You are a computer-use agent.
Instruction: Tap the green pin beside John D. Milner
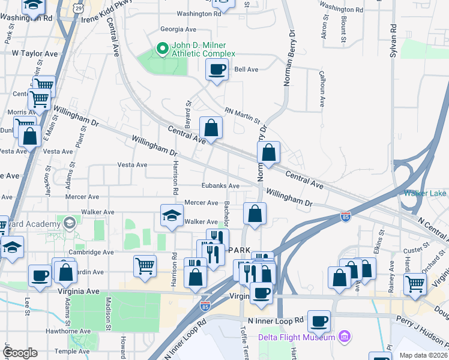pyautogui.click(x=161, y=48)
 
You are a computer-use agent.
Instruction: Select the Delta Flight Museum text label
pyautogui.click(x=297, y=337)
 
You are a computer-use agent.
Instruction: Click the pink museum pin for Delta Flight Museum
pyautogui.click(x=343, y=337)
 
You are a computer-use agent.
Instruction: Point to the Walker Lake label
pyautogui.click(x=425, y=193)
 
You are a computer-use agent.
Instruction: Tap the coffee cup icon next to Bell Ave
pyautogui.click(x=217, y=70)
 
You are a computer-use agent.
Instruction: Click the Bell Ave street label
pyautogui.click(x=246, y=70)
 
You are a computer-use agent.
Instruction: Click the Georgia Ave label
pyautogui.click(x=178, y=29)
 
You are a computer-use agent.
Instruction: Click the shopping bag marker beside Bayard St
pyautogui.click(x=211, y=127)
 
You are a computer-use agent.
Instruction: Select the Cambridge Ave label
pyautogui.click(x=91, y=253)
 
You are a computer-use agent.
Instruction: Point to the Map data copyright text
pyautogui.click(x=423, y=355)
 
